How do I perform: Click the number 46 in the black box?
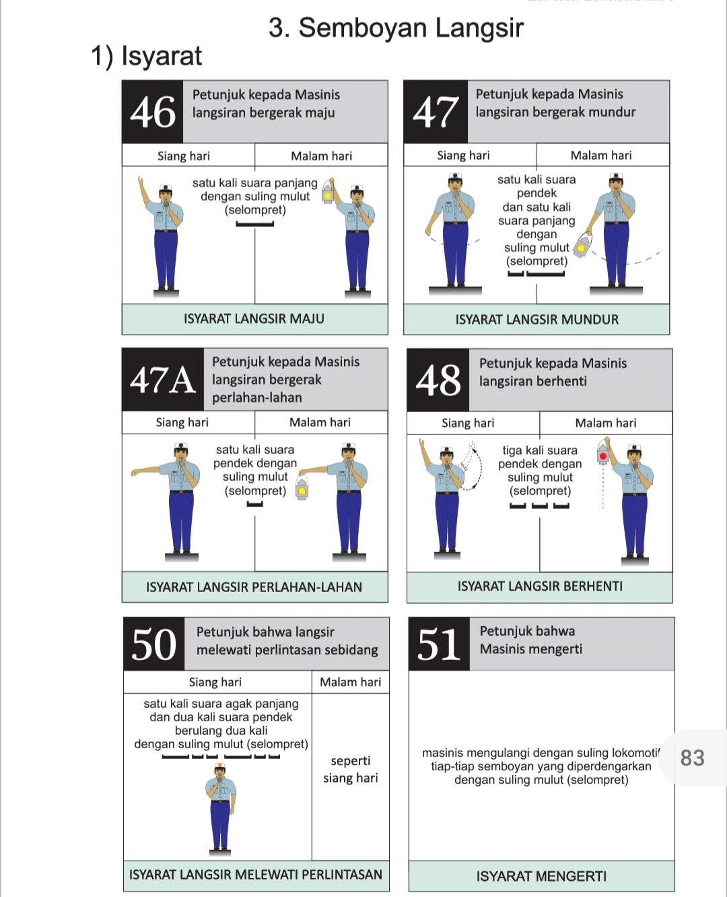tap(153, 112)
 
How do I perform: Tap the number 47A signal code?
tap(162, 380)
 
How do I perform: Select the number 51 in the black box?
tap(439, 644)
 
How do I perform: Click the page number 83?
tap(692, 758)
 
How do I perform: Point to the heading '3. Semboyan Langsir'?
tap(396, 28)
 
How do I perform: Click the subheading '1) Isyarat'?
tap(146, 56)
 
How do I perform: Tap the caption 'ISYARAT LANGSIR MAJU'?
tap(254, 319)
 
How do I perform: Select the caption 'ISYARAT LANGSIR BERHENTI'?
tap(540, 586)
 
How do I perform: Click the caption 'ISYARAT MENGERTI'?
tap(541, 876)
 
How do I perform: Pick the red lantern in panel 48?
tap(603, 455)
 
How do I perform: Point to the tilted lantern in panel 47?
tap(582, 246)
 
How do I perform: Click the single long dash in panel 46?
tap(254, 224)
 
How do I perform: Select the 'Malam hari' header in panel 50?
tap(350, 682)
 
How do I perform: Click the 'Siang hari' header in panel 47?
tap(463, 156)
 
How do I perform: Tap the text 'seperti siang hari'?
tap(350, 769)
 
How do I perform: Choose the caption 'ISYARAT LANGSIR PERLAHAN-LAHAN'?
tap(254, 587)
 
